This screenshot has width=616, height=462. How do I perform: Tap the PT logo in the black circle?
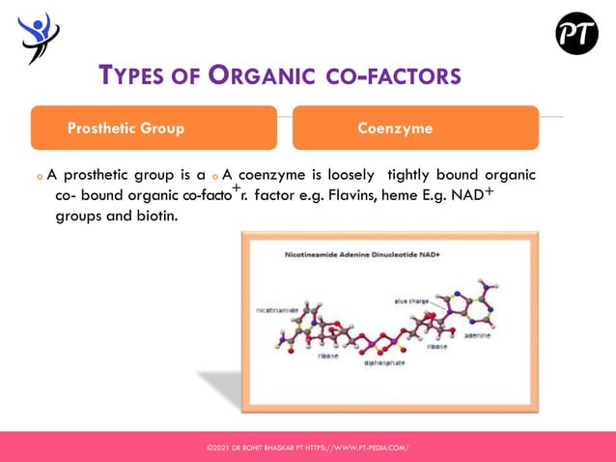click(575, 35)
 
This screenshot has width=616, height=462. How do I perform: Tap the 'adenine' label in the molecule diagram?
click(478, 336)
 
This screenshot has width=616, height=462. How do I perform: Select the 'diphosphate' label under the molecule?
click(385, 364)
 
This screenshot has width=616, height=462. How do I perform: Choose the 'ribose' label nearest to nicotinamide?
click(328, 356)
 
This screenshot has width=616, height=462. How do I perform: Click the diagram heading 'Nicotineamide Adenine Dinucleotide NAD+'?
click(349, 257)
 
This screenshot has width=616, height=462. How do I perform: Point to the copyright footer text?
click(308, 448)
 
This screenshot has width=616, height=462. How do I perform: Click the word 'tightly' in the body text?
click(408, 176)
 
